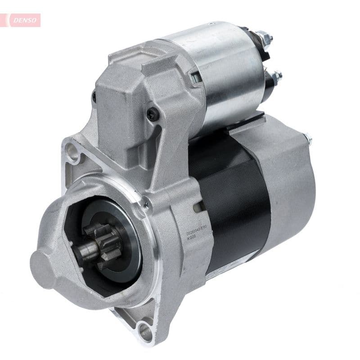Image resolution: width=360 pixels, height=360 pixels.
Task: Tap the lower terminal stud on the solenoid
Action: click(275, 77)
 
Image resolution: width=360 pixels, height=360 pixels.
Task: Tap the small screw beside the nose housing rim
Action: click(145, 206)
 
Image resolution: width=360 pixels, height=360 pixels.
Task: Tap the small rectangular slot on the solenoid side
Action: click(196, 78)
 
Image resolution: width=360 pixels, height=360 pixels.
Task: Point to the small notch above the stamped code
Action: click(197, 208)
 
